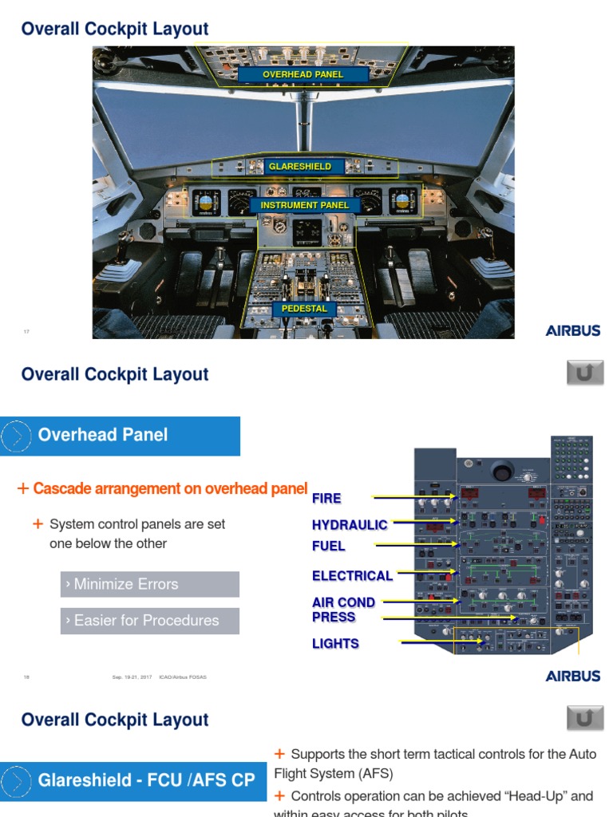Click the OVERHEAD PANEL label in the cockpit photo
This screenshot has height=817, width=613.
(303, 74)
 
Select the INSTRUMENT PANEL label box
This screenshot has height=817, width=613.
(305, 205)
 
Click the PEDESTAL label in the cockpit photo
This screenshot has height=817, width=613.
(304, 309)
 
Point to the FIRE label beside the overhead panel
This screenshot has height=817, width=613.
(326, 499)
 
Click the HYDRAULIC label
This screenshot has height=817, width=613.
(350, 525)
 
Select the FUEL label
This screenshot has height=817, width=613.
(329, 547)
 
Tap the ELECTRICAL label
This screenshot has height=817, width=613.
(352, 576)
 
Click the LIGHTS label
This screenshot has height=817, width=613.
(335, 644)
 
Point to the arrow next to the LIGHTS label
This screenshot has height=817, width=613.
(440, 641)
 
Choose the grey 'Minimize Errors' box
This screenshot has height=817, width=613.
(149, 584)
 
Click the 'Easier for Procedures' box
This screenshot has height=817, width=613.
(149, 621)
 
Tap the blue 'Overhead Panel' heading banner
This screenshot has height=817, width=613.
(120, 436)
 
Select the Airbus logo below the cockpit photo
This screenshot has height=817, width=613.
(573, 331)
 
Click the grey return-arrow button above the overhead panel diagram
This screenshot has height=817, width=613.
(585, 373)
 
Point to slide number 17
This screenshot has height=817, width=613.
(26, 331)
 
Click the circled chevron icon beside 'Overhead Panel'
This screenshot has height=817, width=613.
(16, 436)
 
